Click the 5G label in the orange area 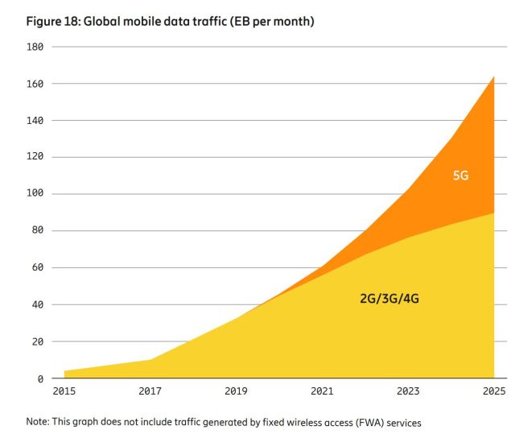click(x=460, y=175)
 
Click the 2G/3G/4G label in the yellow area click(x=389, y=298)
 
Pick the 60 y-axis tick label click(x=36, y=267)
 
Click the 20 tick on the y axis click(x=36, y=341)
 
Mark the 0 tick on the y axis click(x=39, y=378)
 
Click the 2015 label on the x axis click(x=64, y=391)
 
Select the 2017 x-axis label click(x=150, y=391)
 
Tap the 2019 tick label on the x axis click(x=236, y=391)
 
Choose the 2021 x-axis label click(x=322, y=391)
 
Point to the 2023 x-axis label click(x=408, y=391)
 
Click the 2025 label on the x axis click(x=492, y=391)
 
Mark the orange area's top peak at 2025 click(x=493, y=76)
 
